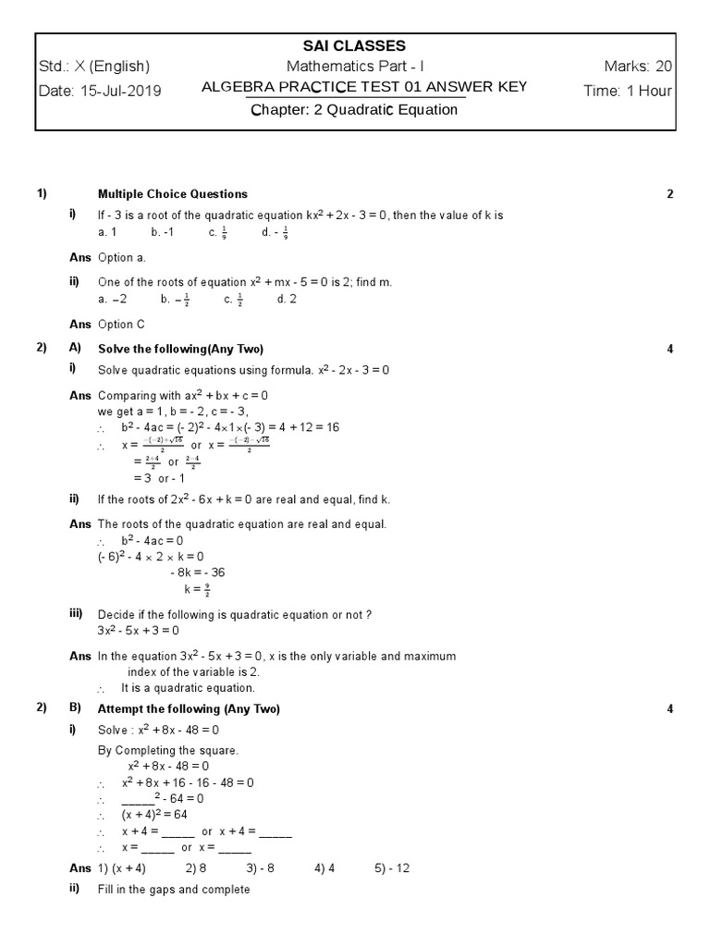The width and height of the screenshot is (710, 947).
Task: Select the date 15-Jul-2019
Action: (x=101, y=91)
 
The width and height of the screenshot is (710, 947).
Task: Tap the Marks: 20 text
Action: (x=638, y=67)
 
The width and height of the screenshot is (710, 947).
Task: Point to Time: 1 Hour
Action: (x=628, y=91)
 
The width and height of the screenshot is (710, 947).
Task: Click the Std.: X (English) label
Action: (x=94, y=67)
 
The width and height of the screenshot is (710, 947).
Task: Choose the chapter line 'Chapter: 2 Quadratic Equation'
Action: (x=355, y=110)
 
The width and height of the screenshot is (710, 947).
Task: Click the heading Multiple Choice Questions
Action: (x=173, y=194)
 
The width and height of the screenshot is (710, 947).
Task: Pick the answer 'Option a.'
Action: (x=121, y=258)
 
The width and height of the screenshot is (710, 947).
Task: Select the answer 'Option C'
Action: (x=121, y=325)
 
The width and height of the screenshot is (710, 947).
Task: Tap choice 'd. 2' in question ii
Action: (x=287, y=300)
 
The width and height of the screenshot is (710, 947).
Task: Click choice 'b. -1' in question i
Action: (x=162, y=233)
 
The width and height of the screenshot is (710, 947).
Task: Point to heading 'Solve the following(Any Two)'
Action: (x=180, y=349)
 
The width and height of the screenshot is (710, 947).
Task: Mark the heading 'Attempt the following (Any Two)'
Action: (x=189, y=709)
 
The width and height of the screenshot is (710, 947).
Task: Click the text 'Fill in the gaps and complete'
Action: (x=174, y=890)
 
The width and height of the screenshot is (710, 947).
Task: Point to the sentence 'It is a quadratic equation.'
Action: (x=188, y=688)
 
